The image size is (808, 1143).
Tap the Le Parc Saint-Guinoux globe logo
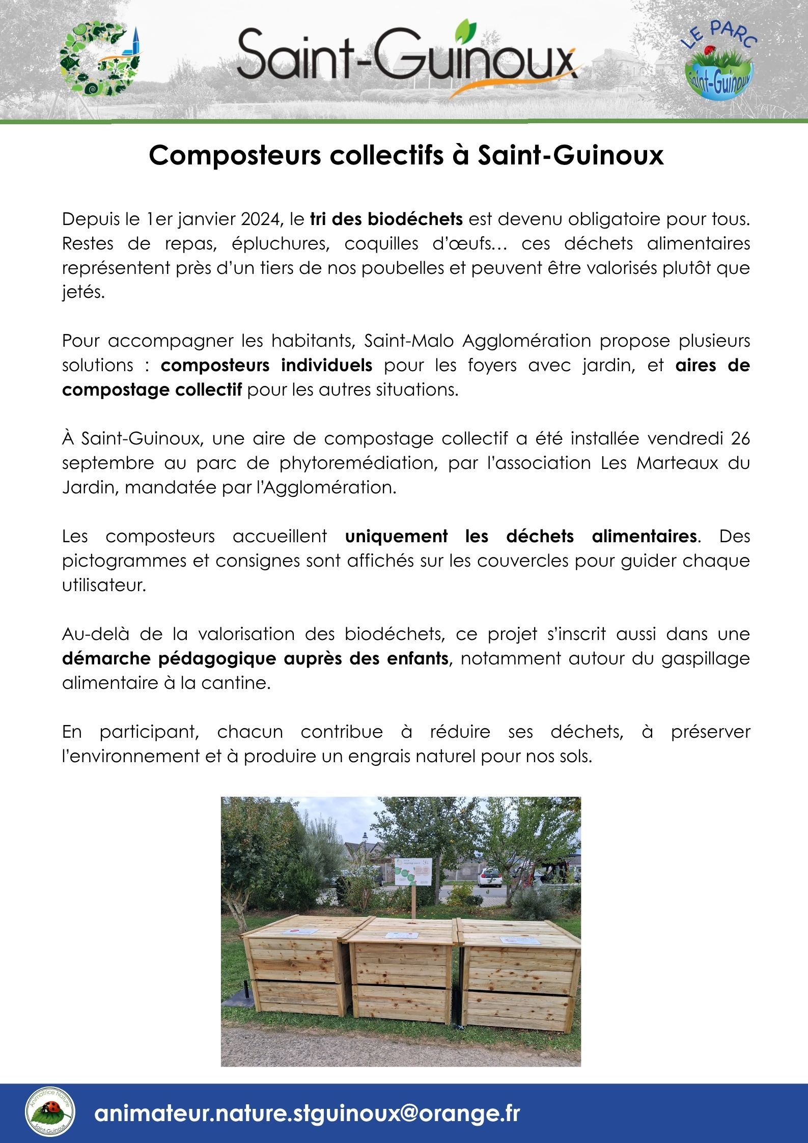[x=719, y=61]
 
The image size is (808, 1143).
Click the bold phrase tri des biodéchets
[x=386, y=219]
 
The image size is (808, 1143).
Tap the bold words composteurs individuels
[x=266, y=366]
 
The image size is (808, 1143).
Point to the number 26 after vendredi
[x=740, y=439]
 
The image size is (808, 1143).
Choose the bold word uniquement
[x=396, y=537]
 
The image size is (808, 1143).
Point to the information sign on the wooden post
[x=413, y=872]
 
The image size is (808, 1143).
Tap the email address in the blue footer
[x=307, y=1113]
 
